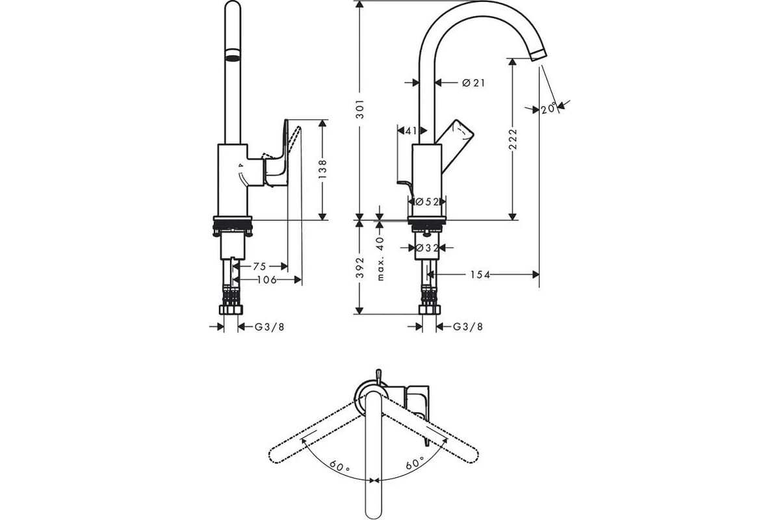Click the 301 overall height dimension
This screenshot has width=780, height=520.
[360, 109]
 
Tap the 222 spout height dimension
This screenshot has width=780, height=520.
[513, 139]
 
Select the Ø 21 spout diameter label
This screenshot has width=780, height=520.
[473, 83]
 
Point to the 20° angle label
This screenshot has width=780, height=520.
[549, 109]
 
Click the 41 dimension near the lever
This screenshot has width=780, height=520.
[411, 131]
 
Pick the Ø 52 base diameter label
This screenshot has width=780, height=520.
[427, 201]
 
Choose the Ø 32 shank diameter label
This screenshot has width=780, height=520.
[428, 248]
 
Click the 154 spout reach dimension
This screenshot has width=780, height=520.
[480, 275]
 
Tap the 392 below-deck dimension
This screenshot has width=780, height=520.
[360, 268]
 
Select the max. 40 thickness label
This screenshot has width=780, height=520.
[380, 259]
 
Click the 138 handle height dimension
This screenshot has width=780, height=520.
[322, 169]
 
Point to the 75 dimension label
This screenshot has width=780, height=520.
[259, 266]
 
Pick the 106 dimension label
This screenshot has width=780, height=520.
[266, 279]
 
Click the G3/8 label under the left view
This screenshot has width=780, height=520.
[270, 327]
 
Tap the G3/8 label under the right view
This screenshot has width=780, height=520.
[467, 327]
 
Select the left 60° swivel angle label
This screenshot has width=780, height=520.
[339, 465]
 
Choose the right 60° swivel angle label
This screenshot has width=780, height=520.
[415, 463]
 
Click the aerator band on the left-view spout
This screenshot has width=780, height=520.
[233, 55]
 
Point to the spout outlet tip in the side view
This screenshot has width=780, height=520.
[539, 56]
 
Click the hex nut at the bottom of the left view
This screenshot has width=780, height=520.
[231, 310]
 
